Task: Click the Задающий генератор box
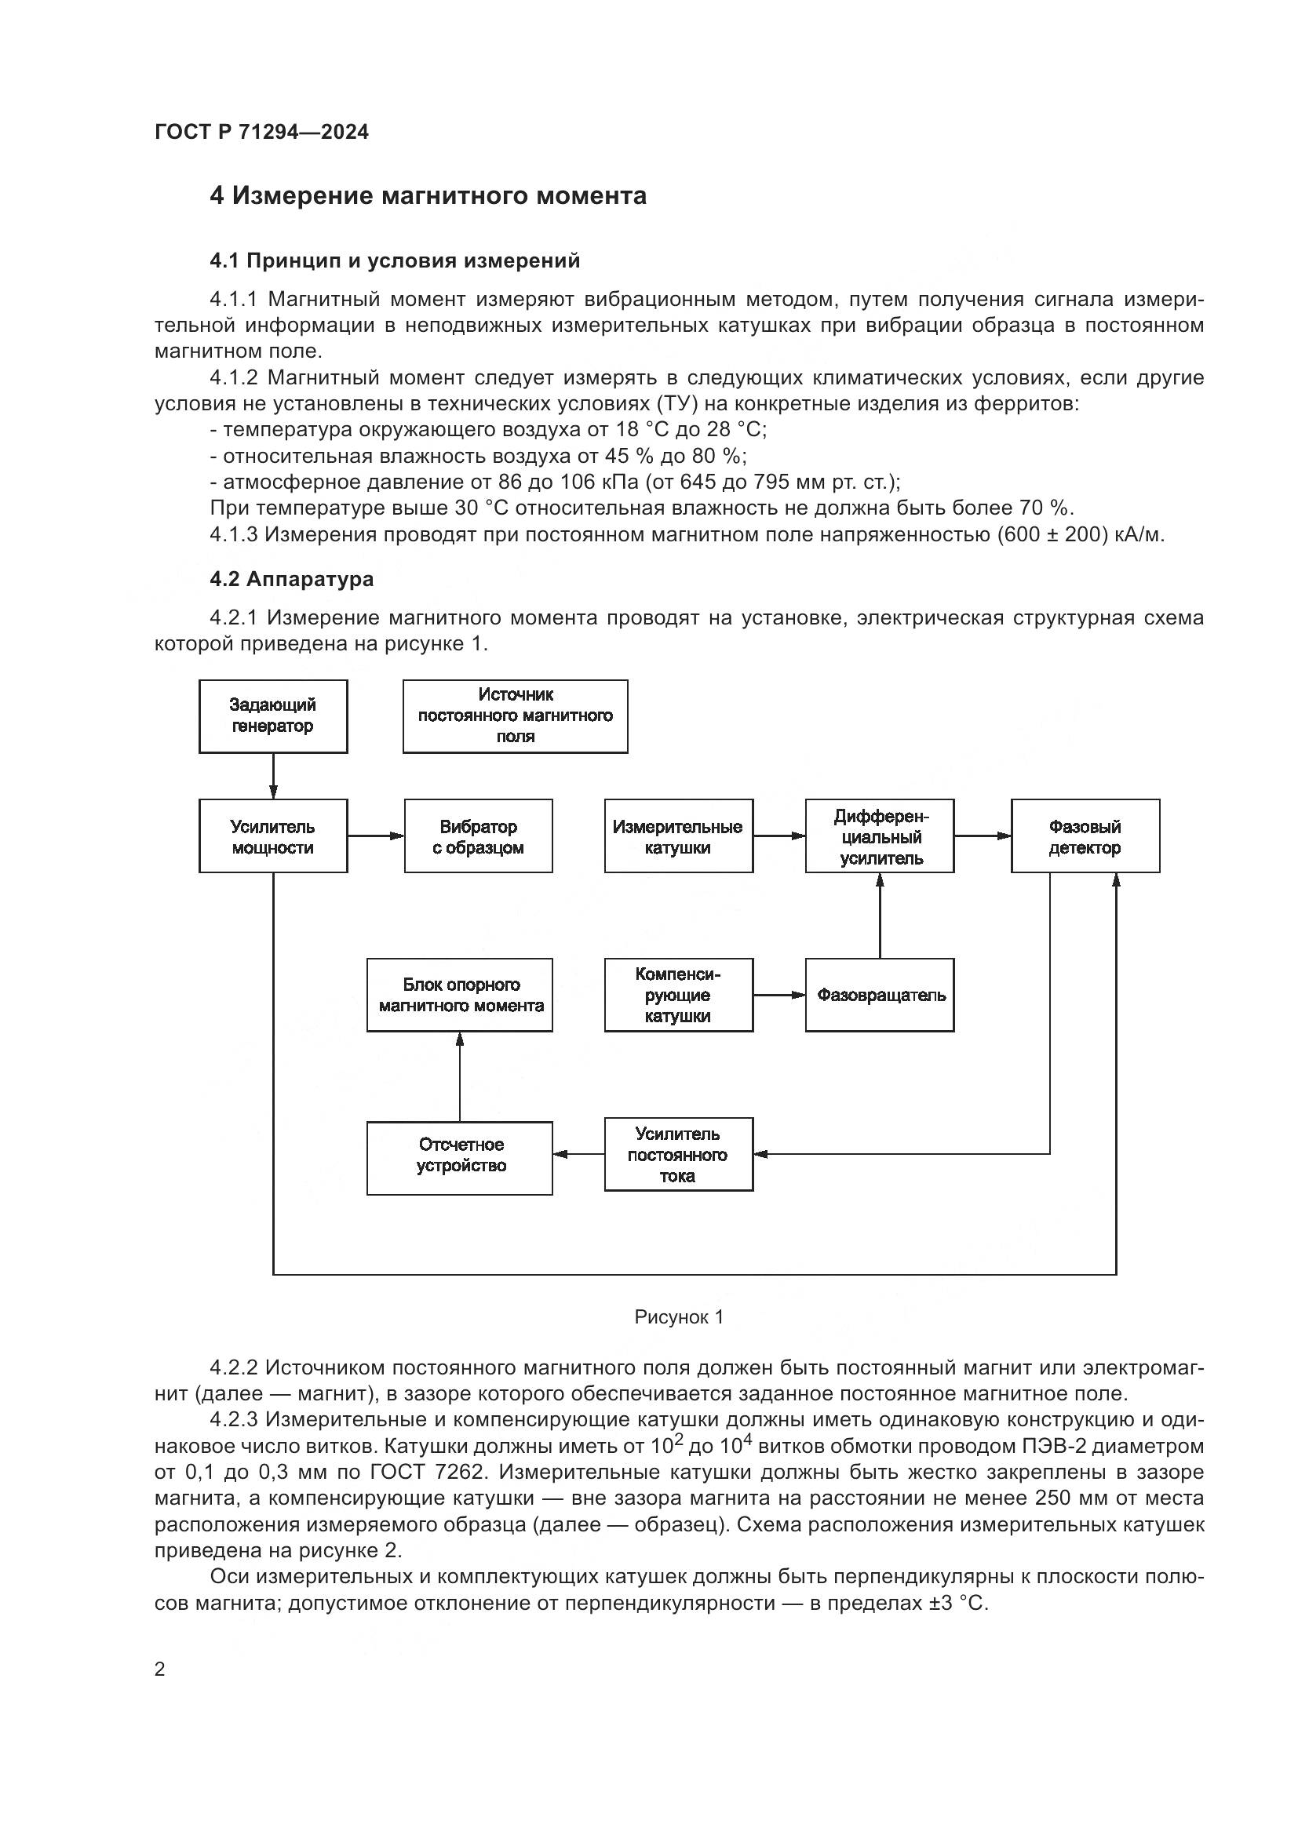(x=272, y=716)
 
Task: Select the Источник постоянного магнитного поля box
(x=515, y=716)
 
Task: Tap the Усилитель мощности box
(x=272, y=836)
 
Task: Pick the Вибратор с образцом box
(x=478, y=836)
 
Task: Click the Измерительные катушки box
(x=678, y=836)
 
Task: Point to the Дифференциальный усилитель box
(x=879, y=836)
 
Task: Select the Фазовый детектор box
(x=1085, y=836)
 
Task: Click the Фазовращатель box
(x=879, y=995)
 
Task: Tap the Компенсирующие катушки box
(x=678, y=995)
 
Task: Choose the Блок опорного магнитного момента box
(x=460, y=995)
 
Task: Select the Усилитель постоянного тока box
(x=678, y=1154)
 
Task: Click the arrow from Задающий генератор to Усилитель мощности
(x=273, y=776)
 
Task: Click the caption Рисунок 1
(x=679, y=1317)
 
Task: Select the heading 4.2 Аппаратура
(x=291, y=579)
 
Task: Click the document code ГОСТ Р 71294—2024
(x=261, y=132)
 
